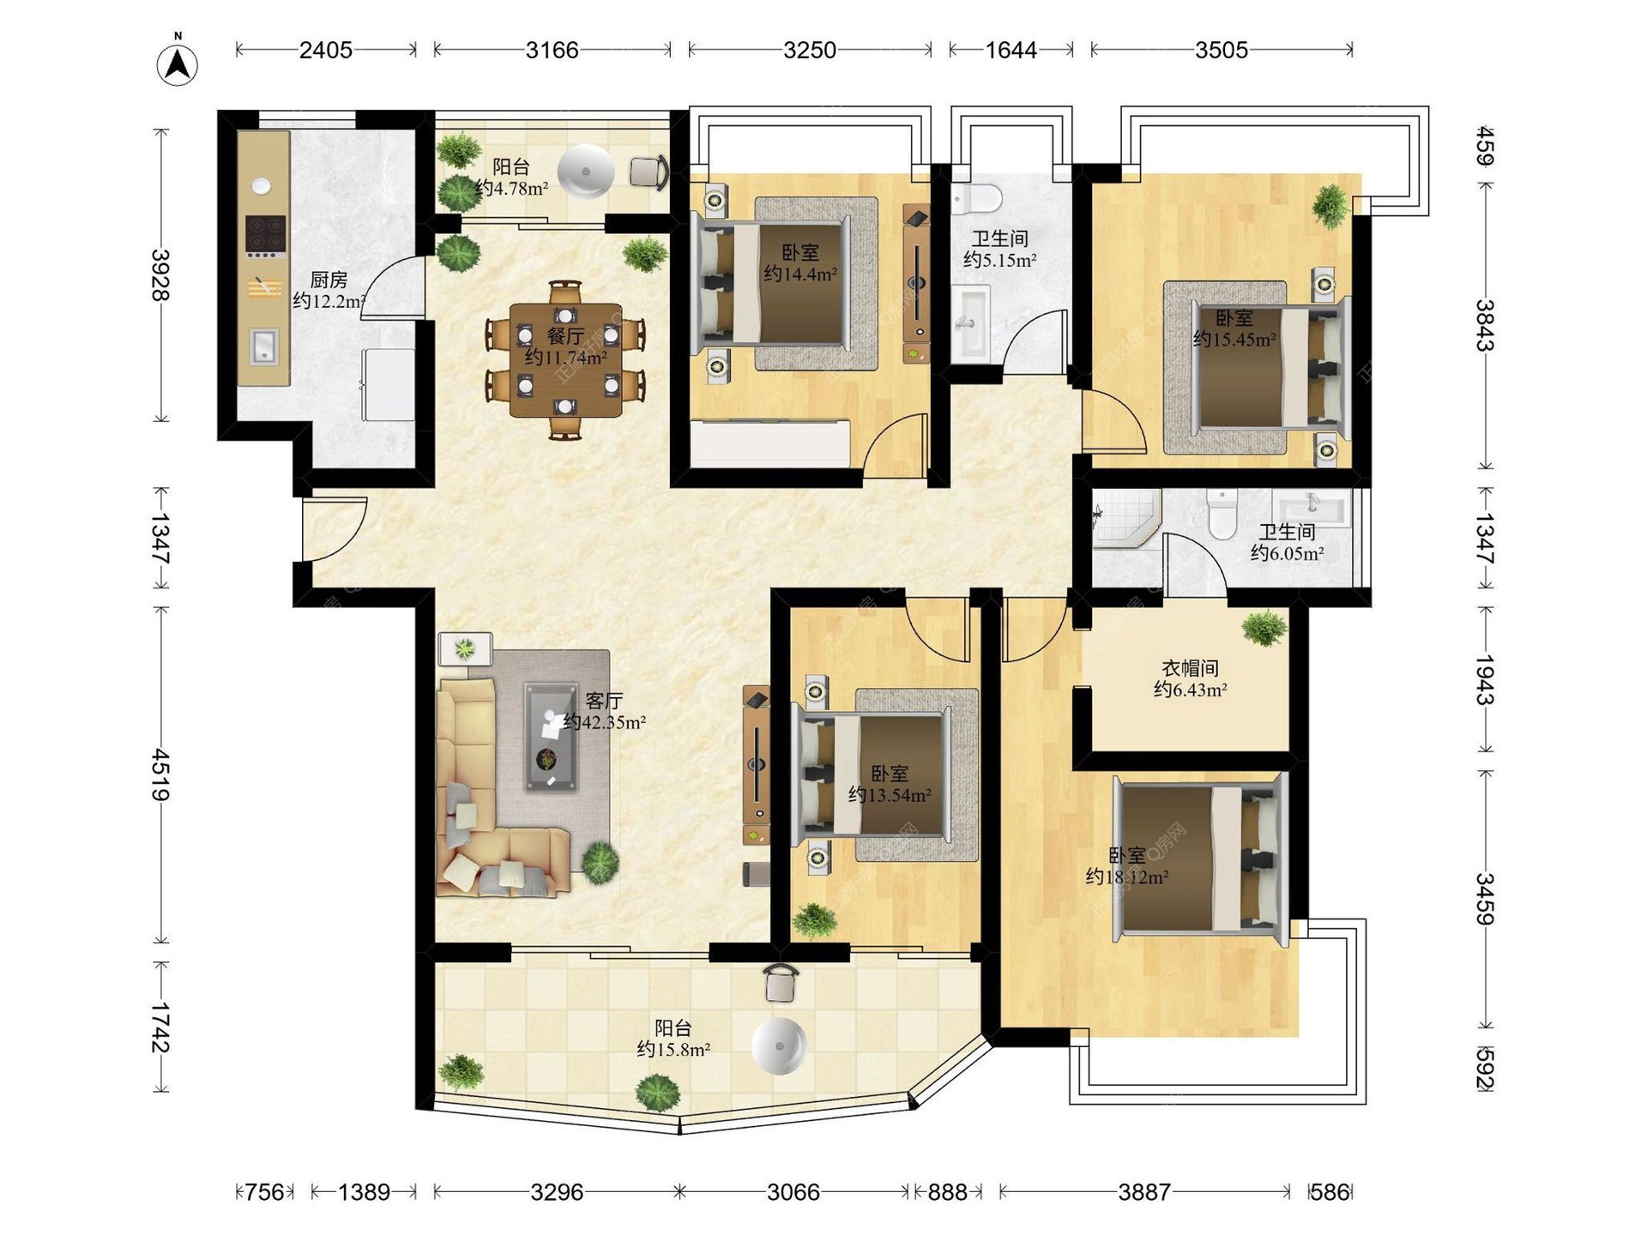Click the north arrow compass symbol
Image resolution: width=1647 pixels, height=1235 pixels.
[178, 63]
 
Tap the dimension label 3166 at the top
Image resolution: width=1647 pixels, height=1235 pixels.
[552, 50]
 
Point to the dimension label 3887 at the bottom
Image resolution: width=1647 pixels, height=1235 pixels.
[1144, 1191]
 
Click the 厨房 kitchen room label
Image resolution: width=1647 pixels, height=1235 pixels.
[329, 280]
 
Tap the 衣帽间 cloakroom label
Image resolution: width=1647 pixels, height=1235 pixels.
[1190, 668]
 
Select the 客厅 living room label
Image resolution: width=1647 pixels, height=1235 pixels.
[604, 702]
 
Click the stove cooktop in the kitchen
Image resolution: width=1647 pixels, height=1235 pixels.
[265, 236]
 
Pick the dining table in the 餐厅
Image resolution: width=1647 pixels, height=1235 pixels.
[565, 360]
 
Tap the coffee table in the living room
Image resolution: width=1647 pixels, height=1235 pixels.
[551, 736]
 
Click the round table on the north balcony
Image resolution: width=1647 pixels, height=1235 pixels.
[586, 171]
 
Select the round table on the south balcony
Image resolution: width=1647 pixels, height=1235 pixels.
[780, 1046]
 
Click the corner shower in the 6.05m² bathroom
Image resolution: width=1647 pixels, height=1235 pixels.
[1126, 518]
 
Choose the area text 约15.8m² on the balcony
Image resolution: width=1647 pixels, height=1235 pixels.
[673, 1049]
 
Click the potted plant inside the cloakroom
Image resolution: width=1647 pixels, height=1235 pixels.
[1264, 628]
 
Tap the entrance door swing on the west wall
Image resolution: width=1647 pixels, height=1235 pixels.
[334, 528]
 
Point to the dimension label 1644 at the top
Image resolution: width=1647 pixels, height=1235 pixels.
[1011, 50]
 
